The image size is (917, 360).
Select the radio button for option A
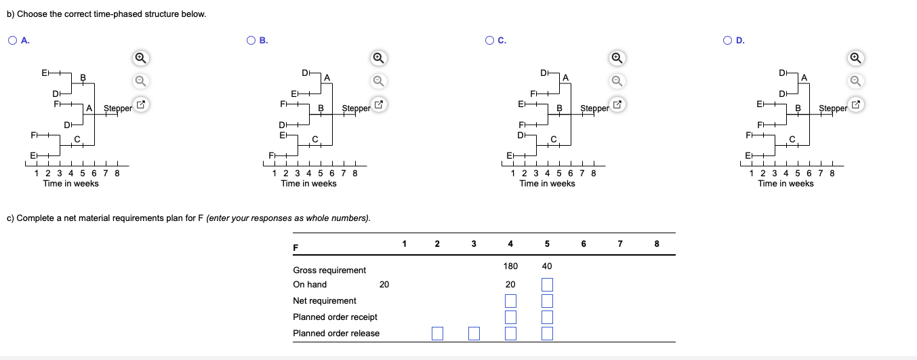coord(13,40)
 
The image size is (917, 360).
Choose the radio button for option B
coord(251,40)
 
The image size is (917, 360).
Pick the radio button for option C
coord(489,40)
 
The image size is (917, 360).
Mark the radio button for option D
coord(727,40)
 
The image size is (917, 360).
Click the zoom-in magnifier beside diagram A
coord(140,58)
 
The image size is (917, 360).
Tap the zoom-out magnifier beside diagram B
coord(379,81)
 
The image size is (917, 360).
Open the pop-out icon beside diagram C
coord(617,104)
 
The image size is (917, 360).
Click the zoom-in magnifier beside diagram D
coord(855,58)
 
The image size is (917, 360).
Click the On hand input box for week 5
coord(547,285)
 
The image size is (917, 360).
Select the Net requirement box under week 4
coord(510,301)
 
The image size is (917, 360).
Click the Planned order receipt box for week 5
coord(547,317)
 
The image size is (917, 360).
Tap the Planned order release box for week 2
coord(437,334)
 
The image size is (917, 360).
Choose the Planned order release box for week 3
coord(474,334)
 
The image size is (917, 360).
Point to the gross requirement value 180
coord(510,266)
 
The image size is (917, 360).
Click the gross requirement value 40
coord(547,266)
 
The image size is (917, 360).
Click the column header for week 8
coord(657,243)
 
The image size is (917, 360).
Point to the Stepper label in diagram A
coord(118,108)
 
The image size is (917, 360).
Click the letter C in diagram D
coord(792,139)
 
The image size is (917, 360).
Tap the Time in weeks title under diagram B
coord(308,184)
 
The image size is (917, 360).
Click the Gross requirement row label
coord(329,271)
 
